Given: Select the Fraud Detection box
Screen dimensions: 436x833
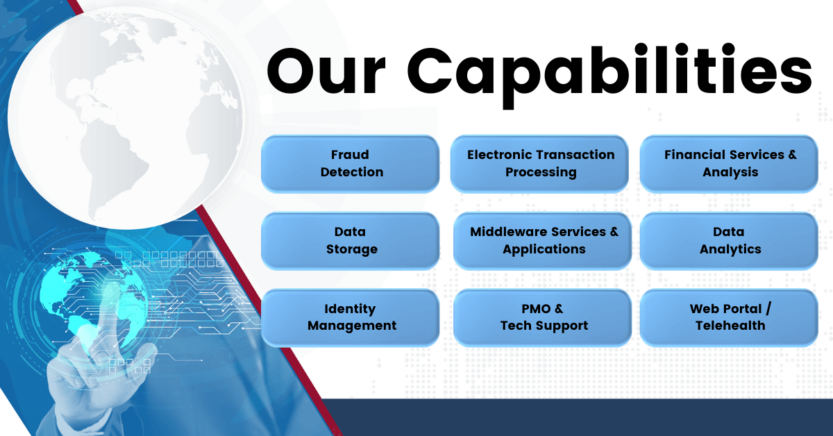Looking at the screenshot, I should pos(351,163).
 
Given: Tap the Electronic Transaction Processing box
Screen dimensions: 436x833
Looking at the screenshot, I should pos(540,163).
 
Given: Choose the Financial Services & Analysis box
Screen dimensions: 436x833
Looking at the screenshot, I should pos(729,163).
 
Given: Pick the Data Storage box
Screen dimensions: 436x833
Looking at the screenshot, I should pos(351,240).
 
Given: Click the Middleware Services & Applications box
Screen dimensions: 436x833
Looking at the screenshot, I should pos(543,240).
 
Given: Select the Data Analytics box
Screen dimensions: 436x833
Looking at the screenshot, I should pos(729,240).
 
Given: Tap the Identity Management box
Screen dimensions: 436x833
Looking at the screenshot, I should pos(351,317).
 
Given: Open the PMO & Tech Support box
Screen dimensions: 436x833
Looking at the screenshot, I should pos(543,317).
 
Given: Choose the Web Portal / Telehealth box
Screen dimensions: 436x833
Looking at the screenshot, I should pos(729,317).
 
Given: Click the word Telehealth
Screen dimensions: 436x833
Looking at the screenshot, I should pos(730,325).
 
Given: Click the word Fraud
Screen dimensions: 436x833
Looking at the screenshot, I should pos(350,155).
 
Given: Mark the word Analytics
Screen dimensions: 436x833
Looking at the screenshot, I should pos(730,249).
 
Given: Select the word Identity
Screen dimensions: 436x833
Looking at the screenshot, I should pos(350,309).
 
